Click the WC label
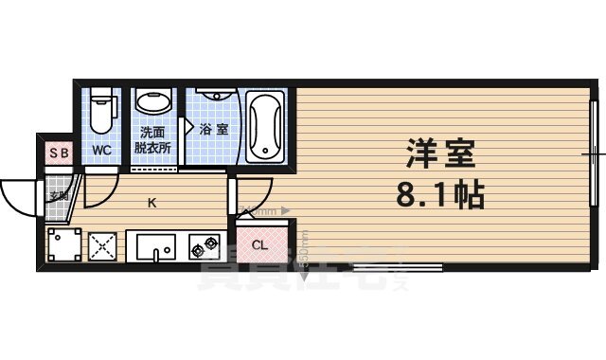102,150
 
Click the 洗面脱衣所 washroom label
151,141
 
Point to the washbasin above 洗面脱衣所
151,102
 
